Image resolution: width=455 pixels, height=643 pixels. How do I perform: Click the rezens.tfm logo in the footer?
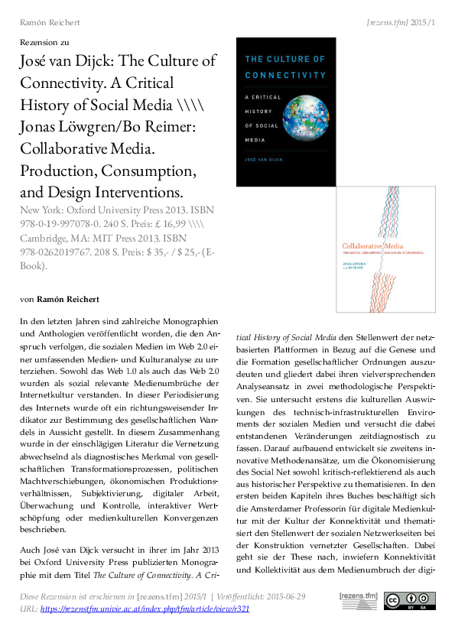pos(359,601)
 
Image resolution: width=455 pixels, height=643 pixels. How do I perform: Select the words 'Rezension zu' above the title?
pos(44,42)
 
